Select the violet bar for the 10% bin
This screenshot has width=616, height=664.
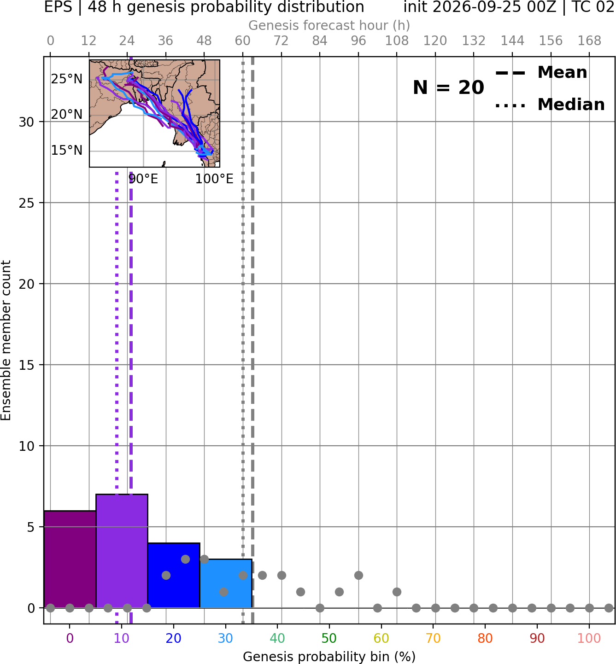(122, 551)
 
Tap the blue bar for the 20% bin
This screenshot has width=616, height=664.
(174, 575)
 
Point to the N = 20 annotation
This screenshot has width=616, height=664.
(448, 87)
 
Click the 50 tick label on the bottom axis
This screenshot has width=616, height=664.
(329, 639)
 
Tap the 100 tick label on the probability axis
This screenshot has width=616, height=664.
(589, 639)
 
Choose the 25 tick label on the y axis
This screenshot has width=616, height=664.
(26, 203)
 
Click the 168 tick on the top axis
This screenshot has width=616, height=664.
(589, 41)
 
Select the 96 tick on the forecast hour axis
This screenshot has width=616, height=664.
(358, 41)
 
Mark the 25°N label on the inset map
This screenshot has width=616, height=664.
(67, 79)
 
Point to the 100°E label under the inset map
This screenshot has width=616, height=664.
(214, 179)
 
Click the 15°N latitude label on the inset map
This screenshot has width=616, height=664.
(67, 151)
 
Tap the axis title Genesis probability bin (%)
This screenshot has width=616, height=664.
(329, 657)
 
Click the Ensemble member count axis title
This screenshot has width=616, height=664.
(6, 340)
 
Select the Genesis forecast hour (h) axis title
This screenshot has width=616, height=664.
(329, 25)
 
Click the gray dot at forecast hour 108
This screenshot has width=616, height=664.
(397, 592)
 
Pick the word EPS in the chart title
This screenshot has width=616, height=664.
(58, 7)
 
